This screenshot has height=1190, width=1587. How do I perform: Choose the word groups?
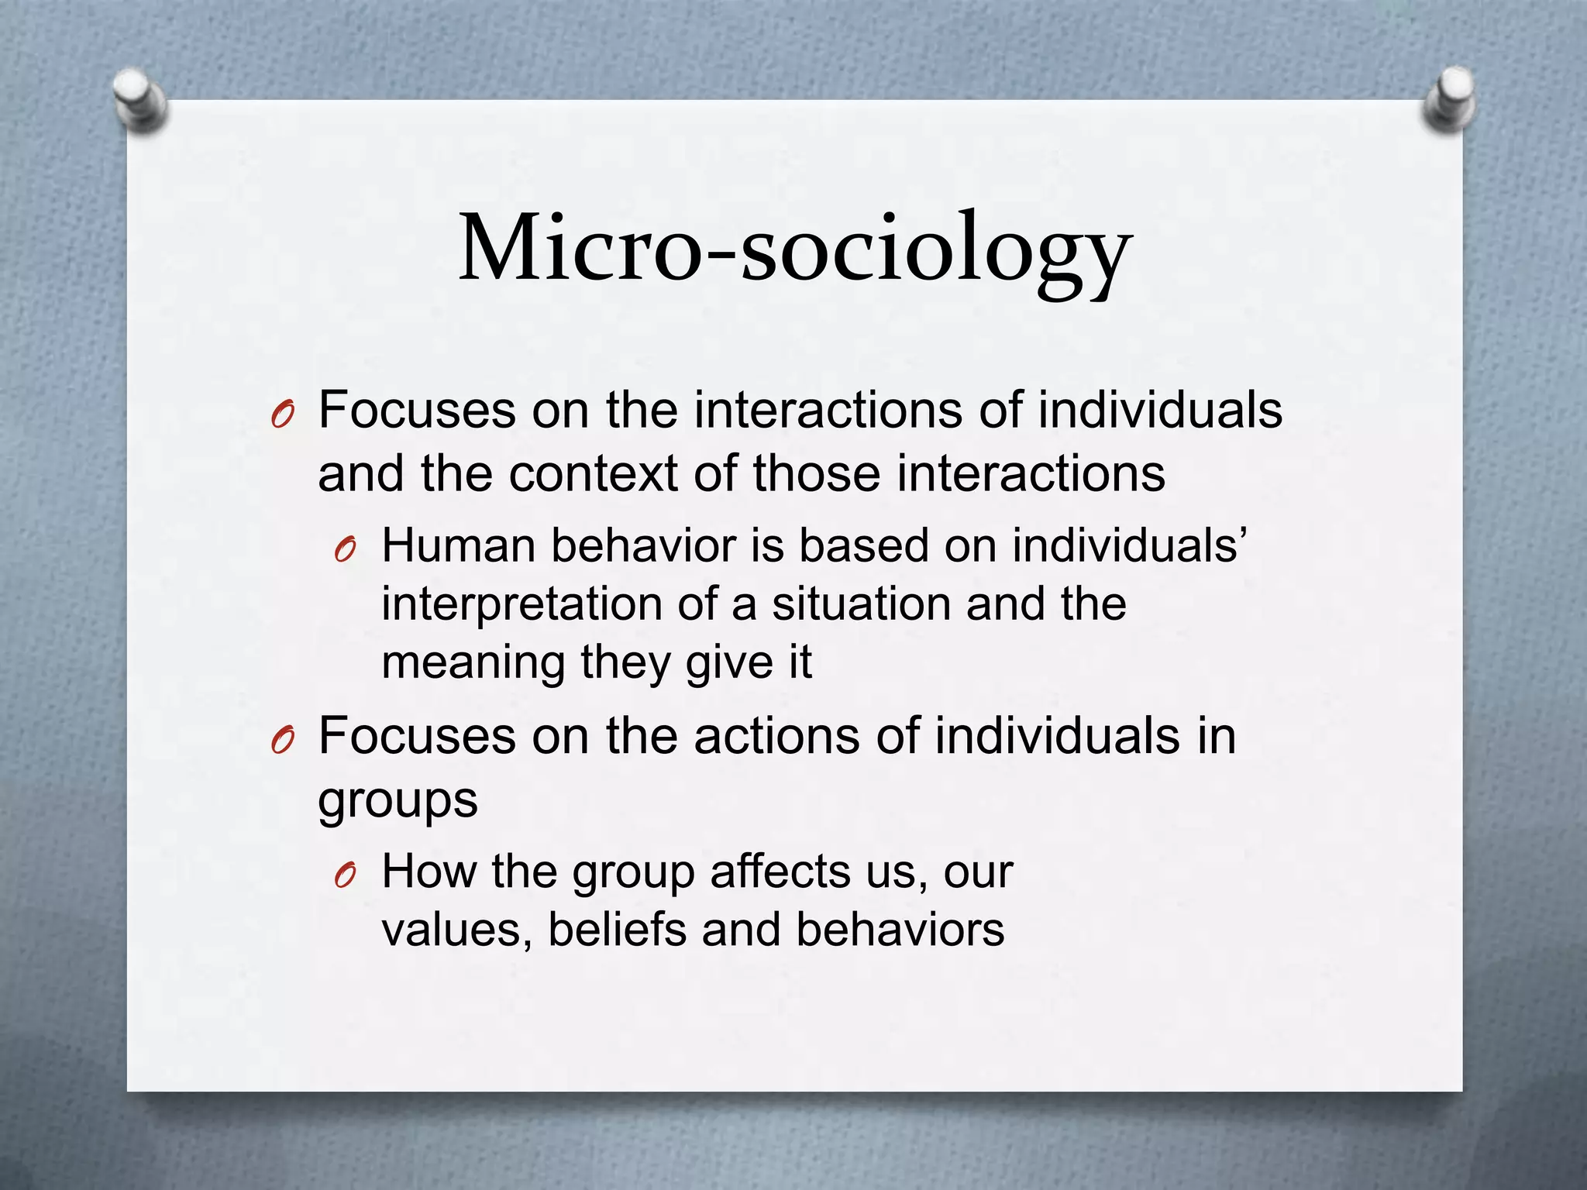[x=398, y=801]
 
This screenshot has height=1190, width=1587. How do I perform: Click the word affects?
[x=780, y=872]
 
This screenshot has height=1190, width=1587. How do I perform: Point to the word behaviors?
[x=900, y=930]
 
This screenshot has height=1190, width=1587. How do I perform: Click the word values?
[x=457, y=930]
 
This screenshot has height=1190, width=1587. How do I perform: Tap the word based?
[x=863, y=545]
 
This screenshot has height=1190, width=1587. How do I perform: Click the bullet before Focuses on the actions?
[x=282, y=742]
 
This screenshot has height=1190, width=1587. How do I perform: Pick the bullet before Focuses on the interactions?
[x=282, y=417]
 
